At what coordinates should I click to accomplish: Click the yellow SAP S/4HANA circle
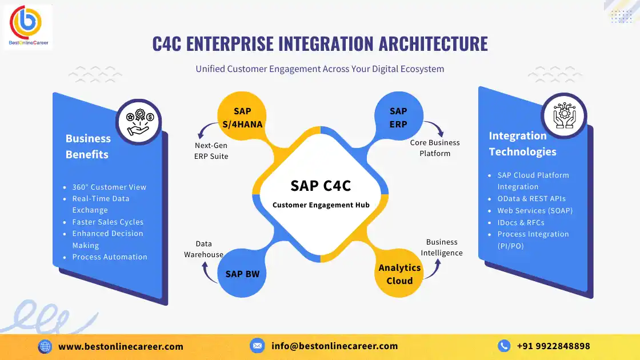pos(242,117)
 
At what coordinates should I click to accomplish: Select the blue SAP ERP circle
pos(398,117)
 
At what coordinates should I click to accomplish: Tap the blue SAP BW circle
pos(242,273)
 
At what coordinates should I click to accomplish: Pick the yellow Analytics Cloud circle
pos(399,273)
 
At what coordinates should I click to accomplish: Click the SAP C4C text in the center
pos(321,186)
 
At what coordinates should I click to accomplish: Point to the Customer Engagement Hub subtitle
pos(321,205)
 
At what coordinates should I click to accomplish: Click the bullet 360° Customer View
pos(109,187)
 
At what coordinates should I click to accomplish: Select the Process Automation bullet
pos(109,257)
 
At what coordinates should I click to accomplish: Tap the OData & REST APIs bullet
pos(531,199)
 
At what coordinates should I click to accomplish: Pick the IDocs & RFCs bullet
pos(521,222)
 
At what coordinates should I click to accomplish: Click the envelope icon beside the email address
pos(257,346)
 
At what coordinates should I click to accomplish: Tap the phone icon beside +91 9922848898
pos(504,346)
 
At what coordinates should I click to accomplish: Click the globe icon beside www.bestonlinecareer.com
pos(45,346)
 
